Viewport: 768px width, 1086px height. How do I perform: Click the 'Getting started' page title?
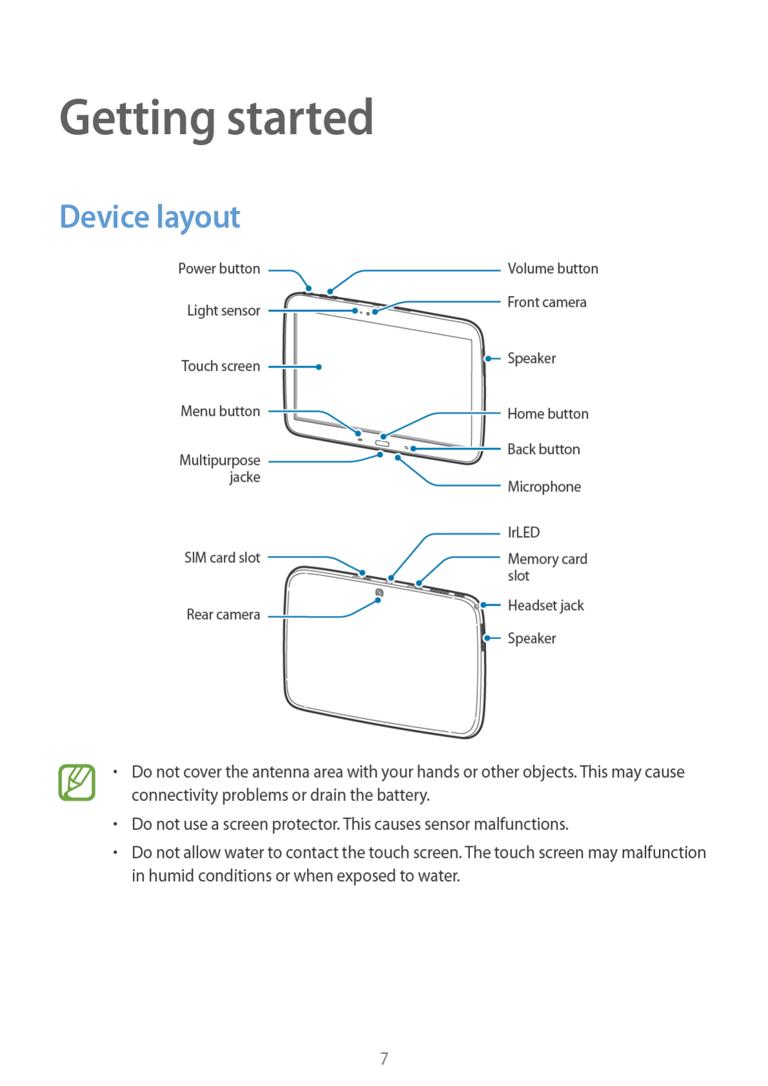click(217, 118)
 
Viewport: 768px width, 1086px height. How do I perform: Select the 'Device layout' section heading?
click(150, 217)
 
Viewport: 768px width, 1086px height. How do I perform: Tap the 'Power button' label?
click(219, 269)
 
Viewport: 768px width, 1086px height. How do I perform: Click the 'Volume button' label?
click(553, 269)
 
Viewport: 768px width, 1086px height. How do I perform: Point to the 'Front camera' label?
click(547, 302)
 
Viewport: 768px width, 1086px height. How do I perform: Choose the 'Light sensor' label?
click(224, 311)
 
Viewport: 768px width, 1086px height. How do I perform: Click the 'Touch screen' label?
click(221, 366)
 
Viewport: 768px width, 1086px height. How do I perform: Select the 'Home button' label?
click(547, 414)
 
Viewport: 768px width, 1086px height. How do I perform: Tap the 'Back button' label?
click(544, 449)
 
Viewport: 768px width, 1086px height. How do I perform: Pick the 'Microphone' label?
click(544, 487)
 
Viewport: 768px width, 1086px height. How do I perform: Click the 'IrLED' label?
click(524, 533)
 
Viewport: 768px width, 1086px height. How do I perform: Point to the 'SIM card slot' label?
click(222, 558)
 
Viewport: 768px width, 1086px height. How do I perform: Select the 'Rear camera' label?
click(223, 615)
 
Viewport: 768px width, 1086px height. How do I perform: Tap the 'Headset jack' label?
click(546, 606)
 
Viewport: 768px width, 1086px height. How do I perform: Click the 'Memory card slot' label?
click(547, 567)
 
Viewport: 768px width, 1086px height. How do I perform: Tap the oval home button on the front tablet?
click(382, 444)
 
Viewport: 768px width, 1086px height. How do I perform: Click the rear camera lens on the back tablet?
click(379, 593)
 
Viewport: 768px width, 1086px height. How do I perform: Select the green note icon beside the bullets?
click(77, 782)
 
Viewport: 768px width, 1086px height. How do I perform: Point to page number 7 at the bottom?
click(384, 1059)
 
